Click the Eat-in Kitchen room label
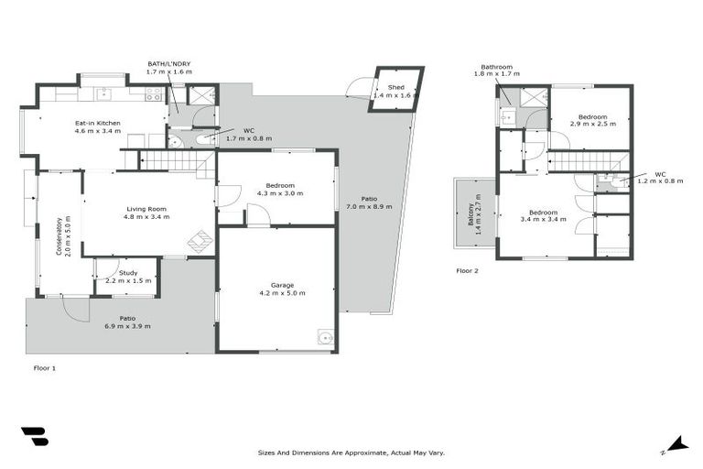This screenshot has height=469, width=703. (97, 123)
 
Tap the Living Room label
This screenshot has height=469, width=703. (148, 209)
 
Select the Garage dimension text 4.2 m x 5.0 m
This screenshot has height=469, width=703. (282, 293)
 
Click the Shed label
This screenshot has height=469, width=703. (395, 88)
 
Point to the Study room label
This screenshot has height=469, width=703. (128, 272)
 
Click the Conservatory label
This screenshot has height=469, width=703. (59, 235)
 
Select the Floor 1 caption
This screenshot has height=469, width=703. (45, 367)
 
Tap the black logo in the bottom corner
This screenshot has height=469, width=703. (34, 438)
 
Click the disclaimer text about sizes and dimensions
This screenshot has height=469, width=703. (351, 453)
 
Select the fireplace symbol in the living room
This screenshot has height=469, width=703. (200, 242)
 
